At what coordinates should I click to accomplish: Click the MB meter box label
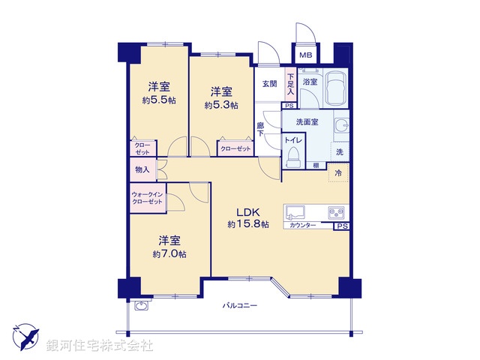point(305,55)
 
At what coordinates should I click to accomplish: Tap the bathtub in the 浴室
point(334,88)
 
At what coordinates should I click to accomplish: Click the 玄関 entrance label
point(269,84)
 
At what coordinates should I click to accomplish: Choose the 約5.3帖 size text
point(221,106)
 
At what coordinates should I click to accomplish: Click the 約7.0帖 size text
point(169,253)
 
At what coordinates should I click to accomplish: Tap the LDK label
point(249,211)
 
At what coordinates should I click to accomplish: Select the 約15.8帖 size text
point(248,223)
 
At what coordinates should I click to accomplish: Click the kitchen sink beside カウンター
point(295,211)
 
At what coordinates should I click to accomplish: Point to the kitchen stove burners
point(334,212)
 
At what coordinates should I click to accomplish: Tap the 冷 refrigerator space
point(338,172)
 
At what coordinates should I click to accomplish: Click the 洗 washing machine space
point(339,152)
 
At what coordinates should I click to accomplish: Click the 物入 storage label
point(142,170)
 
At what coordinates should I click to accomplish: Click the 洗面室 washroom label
point(307,121)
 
